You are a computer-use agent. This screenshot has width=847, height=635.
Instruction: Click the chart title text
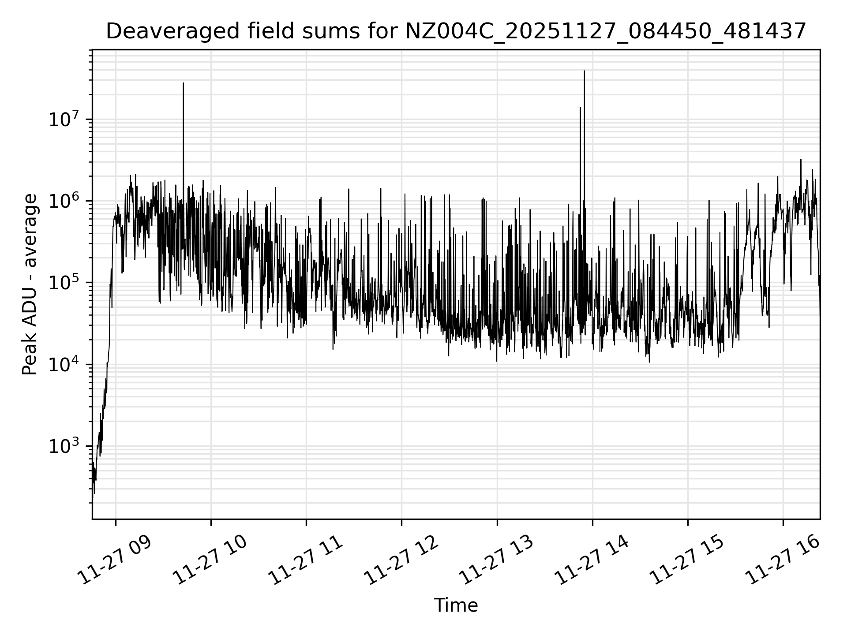click(456, 31)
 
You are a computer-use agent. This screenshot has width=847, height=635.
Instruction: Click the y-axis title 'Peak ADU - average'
click(30, 284)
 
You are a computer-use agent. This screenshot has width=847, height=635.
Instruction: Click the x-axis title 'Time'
click(456, 605)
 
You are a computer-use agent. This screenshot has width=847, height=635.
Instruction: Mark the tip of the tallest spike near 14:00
click(585, 71)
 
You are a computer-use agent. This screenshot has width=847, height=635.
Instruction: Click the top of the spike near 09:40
click(184, 83)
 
